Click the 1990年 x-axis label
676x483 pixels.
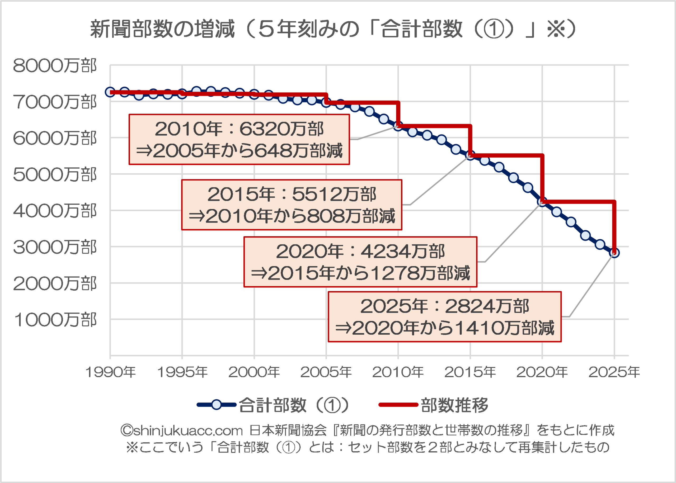[x=110, y=372]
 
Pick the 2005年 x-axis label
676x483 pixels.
[x=326, y=372]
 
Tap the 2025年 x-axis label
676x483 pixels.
[x=614, y=372]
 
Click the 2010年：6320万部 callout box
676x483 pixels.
[x=239, y=139]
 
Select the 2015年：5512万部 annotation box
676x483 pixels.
[x=292, y=205]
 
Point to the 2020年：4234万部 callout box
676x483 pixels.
[x=360, y=262]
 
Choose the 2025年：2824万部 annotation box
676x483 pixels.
[x=444, y=317]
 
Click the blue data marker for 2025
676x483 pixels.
[x=614, y=253]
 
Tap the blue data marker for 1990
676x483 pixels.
[x=110, y=92]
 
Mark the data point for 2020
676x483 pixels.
[x=542, y=202]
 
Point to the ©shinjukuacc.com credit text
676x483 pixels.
[x=182, y=430]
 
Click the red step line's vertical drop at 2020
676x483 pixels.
[x=542, y=178]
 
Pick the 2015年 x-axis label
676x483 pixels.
[x=470, y=372]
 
